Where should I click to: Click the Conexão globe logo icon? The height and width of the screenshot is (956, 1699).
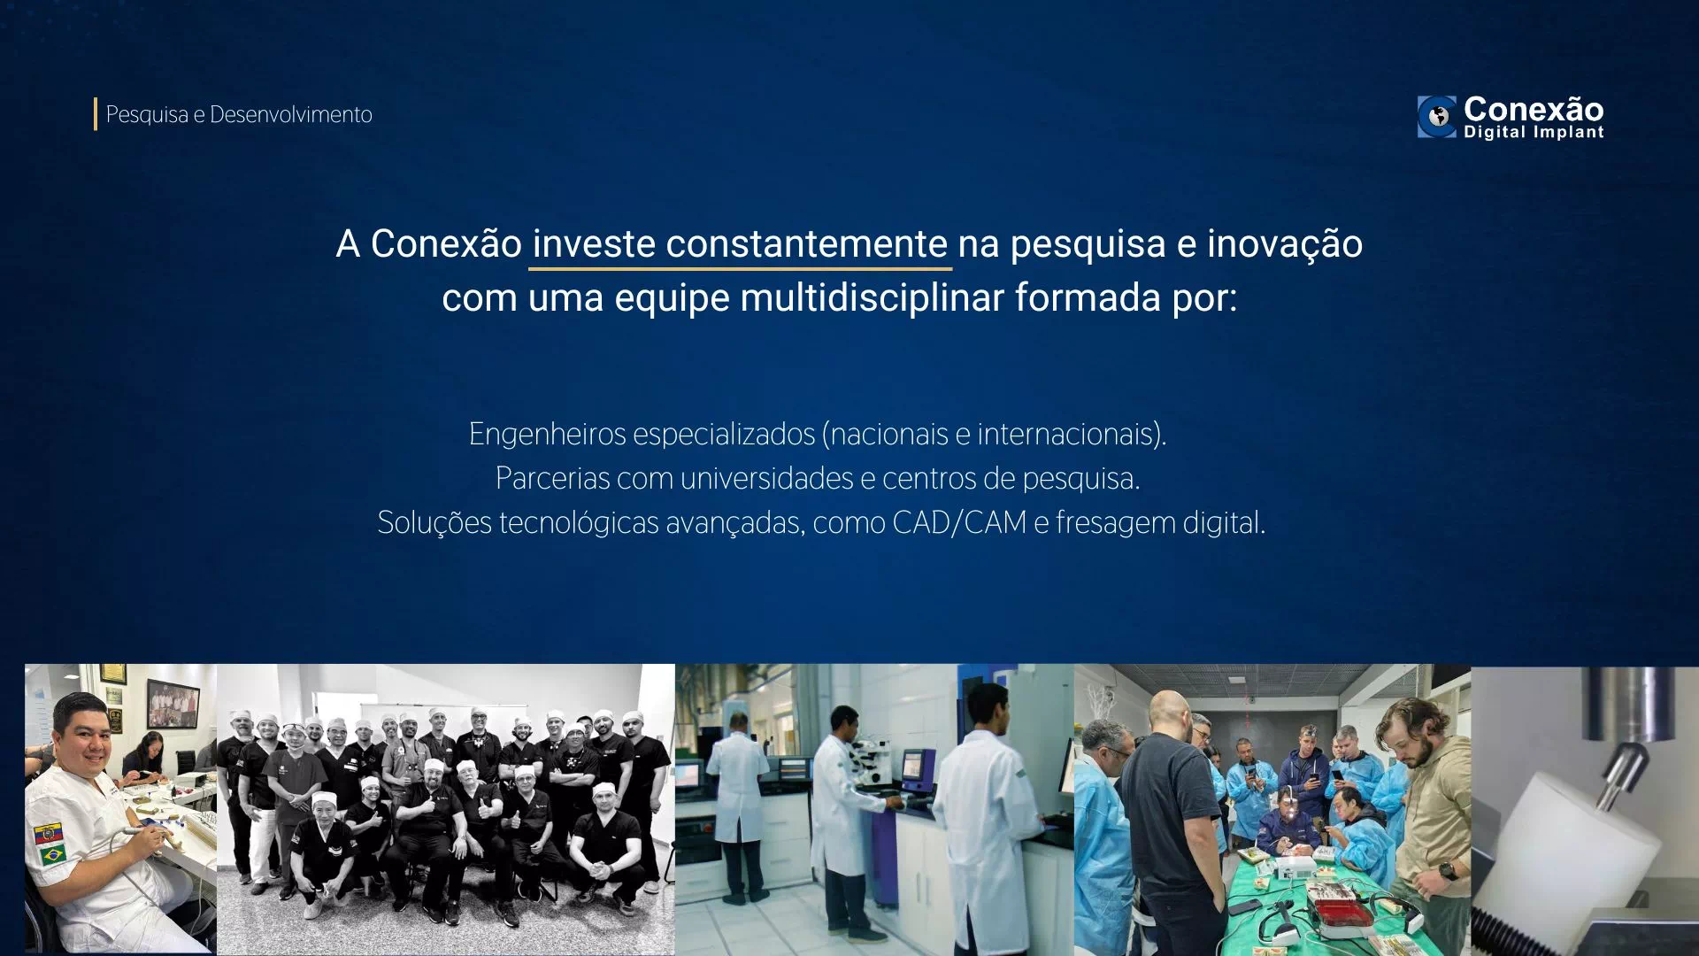1436,117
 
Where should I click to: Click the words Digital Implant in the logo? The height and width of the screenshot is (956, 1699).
1534,133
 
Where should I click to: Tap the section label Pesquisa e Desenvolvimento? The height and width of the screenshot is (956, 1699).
239,115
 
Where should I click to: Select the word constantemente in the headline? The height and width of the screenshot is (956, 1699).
806,244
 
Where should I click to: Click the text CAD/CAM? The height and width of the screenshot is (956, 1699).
959,523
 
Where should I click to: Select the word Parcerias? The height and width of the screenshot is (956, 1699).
552,479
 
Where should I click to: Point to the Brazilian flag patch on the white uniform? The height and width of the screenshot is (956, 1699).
52,855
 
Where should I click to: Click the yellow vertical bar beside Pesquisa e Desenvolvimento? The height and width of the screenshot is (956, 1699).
96,114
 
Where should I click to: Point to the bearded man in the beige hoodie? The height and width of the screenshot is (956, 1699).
1425,797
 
